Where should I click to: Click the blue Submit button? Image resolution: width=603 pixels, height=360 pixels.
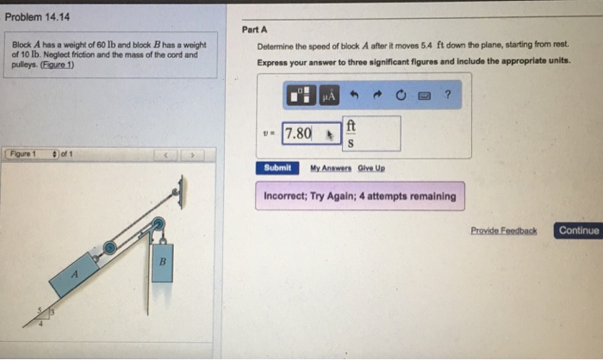coord(277,168)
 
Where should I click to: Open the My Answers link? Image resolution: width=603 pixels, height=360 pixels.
coord(331,168)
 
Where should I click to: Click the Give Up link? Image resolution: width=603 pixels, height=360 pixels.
coord(371,168)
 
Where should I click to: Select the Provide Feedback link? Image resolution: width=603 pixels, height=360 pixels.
coord(504,231)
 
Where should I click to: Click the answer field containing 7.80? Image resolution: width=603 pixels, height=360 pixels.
coord(311,133)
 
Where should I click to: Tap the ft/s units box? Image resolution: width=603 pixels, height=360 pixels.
coord(371,133)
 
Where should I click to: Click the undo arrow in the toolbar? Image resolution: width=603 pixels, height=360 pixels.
coord(354,95)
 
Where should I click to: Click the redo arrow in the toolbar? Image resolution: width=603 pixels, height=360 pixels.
coord(377,95)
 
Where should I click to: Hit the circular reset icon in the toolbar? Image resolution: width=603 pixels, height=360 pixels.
coord(401,95)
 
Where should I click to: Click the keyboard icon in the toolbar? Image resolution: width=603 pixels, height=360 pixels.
coord(424,96)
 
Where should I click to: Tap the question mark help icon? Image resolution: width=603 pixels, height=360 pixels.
coord(448,94)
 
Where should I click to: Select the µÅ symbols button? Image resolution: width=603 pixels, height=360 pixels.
coord(329,95)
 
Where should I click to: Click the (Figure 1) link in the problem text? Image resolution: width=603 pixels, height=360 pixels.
coord(58,65)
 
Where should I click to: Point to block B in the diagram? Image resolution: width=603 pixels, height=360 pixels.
coord(162,263)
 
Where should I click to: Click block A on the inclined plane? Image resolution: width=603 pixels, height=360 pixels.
coord(74,275)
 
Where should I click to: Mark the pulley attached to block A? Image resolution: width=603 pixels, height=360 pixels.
coord(109,248)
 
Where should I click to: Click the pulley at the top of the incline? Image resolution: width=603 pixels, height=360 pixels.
coord(158,224)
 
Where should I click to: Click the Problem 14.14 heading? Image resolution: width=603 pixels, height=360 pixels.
coord(37,17)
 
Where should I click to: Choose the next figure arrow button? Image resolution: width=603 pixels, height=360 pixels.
coord(192,155)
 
